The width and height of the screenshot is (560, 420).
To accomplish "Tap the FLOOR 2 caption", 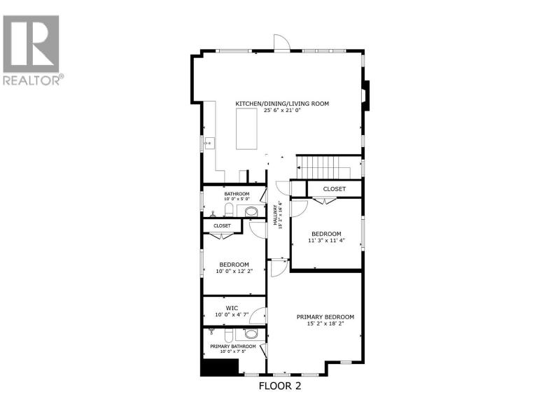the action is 279,386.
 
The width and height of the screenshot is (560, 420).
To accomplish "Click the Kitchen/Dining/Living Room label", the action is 282,104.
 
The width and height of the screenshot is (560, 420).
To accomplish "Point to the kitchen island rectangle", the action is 246,129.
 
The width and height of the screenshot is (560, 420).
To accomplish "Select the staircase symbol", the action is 323,168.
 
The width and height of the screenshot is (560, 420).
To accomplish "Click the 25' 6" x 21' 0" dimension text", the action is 282,111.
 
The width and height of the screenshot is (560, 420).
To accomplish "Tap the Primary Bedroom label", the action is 325,317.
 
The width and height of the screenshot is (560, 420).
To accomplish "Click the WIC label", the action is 232,308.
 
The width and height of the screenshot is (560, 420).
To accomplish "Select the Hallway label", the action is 276,215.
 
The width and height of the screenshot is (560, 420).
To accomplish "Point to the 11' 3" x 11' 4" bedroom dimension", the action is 326,240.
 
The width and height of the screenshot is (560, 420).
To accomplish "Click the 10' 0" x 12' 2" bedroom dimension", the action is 234,271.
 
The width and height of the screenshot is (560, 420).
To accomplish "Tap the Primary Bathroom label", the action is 233,346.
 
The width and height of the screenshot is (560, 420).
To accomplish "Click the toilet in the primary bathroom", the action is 229,336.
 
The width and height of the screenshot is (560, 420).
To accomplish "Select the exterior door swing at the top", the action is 282,43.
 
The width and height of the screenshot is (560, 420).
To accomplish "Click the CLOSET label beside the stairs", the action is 335,189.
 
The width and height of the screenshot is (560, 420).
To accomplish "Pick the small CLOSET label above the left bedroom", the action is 222,225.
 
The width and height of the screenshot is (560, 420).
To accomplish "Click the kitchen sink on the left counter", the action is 209,143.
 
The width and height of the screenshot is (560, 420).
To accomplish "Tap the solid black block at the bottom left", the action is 219,368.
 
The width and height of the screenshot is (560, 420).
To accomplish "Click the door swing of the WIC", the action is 257,315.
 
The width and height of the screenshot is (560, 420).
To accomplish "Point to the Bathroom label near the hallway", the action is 237,194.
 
